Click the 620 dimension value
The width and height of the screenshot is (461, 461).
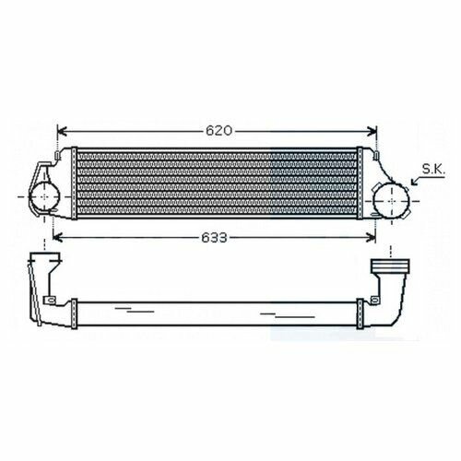click(x=219, y=131)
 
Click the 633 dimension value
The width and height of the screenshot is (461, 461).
click(x=215, y=237)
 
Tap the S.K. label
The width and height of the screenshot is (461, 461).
click(x=433, y=170)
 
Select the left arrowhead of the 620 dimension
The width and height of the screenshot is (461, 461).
click(x=62, y=131)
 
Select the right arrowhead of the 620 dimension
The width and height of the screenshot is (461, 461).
click(x=372, y=131)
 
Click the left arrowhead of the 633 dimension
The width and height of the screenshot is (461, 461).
click(x=57, y=237)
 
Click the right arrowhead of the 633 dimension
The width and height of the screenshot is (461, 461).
click(x=371, y=237)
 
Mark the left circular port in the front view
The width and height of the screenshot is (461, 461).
click(x=44, y=196)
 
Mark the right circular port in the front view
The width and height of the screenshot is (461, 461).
click(x=391, y=201)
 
